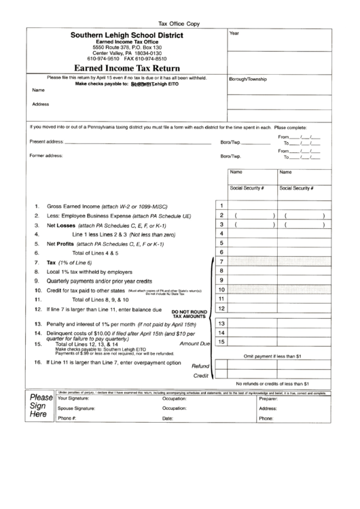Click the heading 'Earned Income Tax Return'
tap(128, 68)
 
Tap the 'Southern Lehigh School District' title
tap(128, 34)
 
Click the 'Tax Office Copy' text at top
tap(180, 22)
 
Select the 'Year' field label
tap(234, 33)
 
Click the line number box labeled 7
tap(221, 262)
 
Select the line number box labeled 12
tap(221, 309)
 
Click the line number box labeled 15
tap(221, 342)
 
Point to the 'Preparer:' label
tap(269, 398)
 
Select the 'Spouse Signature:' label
tap(76, 408)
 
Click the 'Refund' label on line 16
tap(200, 365)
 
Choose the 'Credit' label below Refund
tap(200, 375)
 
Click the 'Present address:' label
tap(47, 141)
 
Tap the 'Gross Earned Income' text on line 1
tap(73, 205)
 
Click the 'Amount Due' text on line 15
tap(194, 344)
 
